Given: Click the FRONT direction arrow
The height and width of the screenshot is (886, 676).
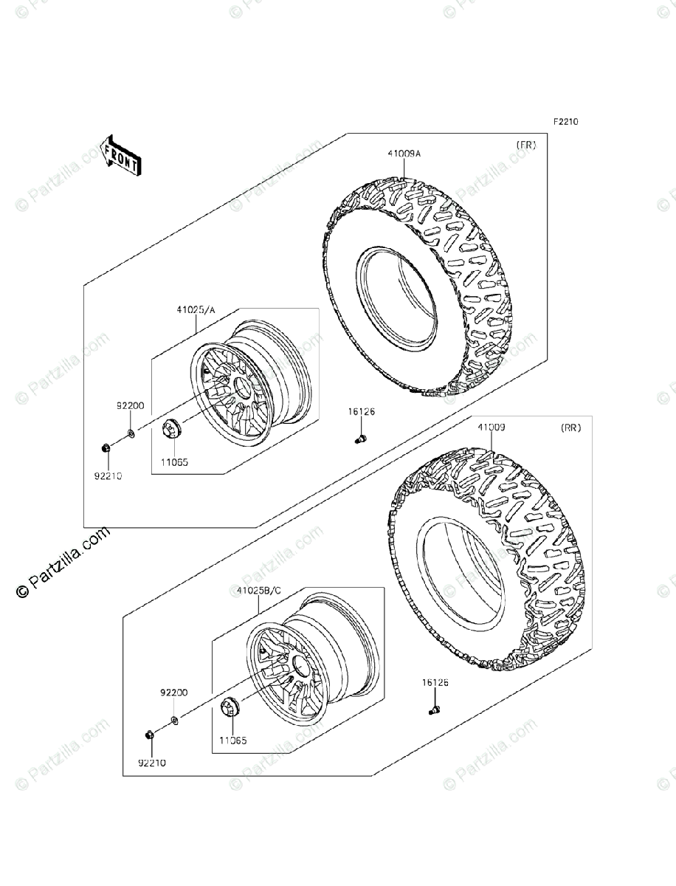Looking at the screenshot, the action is click(x=120, y=155).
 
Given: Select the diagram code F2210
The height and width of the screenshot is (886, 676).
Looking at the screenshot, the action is click(x=562, y=123).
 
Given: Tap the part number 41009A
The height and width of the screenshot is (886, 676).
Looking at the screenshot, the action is click(x=404, y=154).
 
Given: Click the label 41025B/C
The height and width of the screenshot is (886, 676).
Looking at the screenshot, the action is click(x=259, y=591).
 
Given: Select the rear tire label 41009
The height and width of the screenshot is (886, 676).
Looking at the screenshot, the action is click(x=491, y=427).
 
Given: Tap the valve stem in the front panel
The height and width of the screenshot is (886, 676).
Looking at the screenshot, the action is click(x=360, y=440).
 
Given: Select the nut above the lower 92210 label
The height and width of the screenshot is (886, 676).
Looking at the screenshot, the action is click(x=150, y=735).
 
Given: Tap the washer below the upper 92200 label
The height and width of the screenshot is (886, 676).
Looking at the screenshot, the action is click(x=130, y=432).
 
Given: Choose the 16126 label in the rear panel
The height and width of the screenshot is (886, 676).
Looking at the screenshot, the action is click(x=435, y=683).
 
